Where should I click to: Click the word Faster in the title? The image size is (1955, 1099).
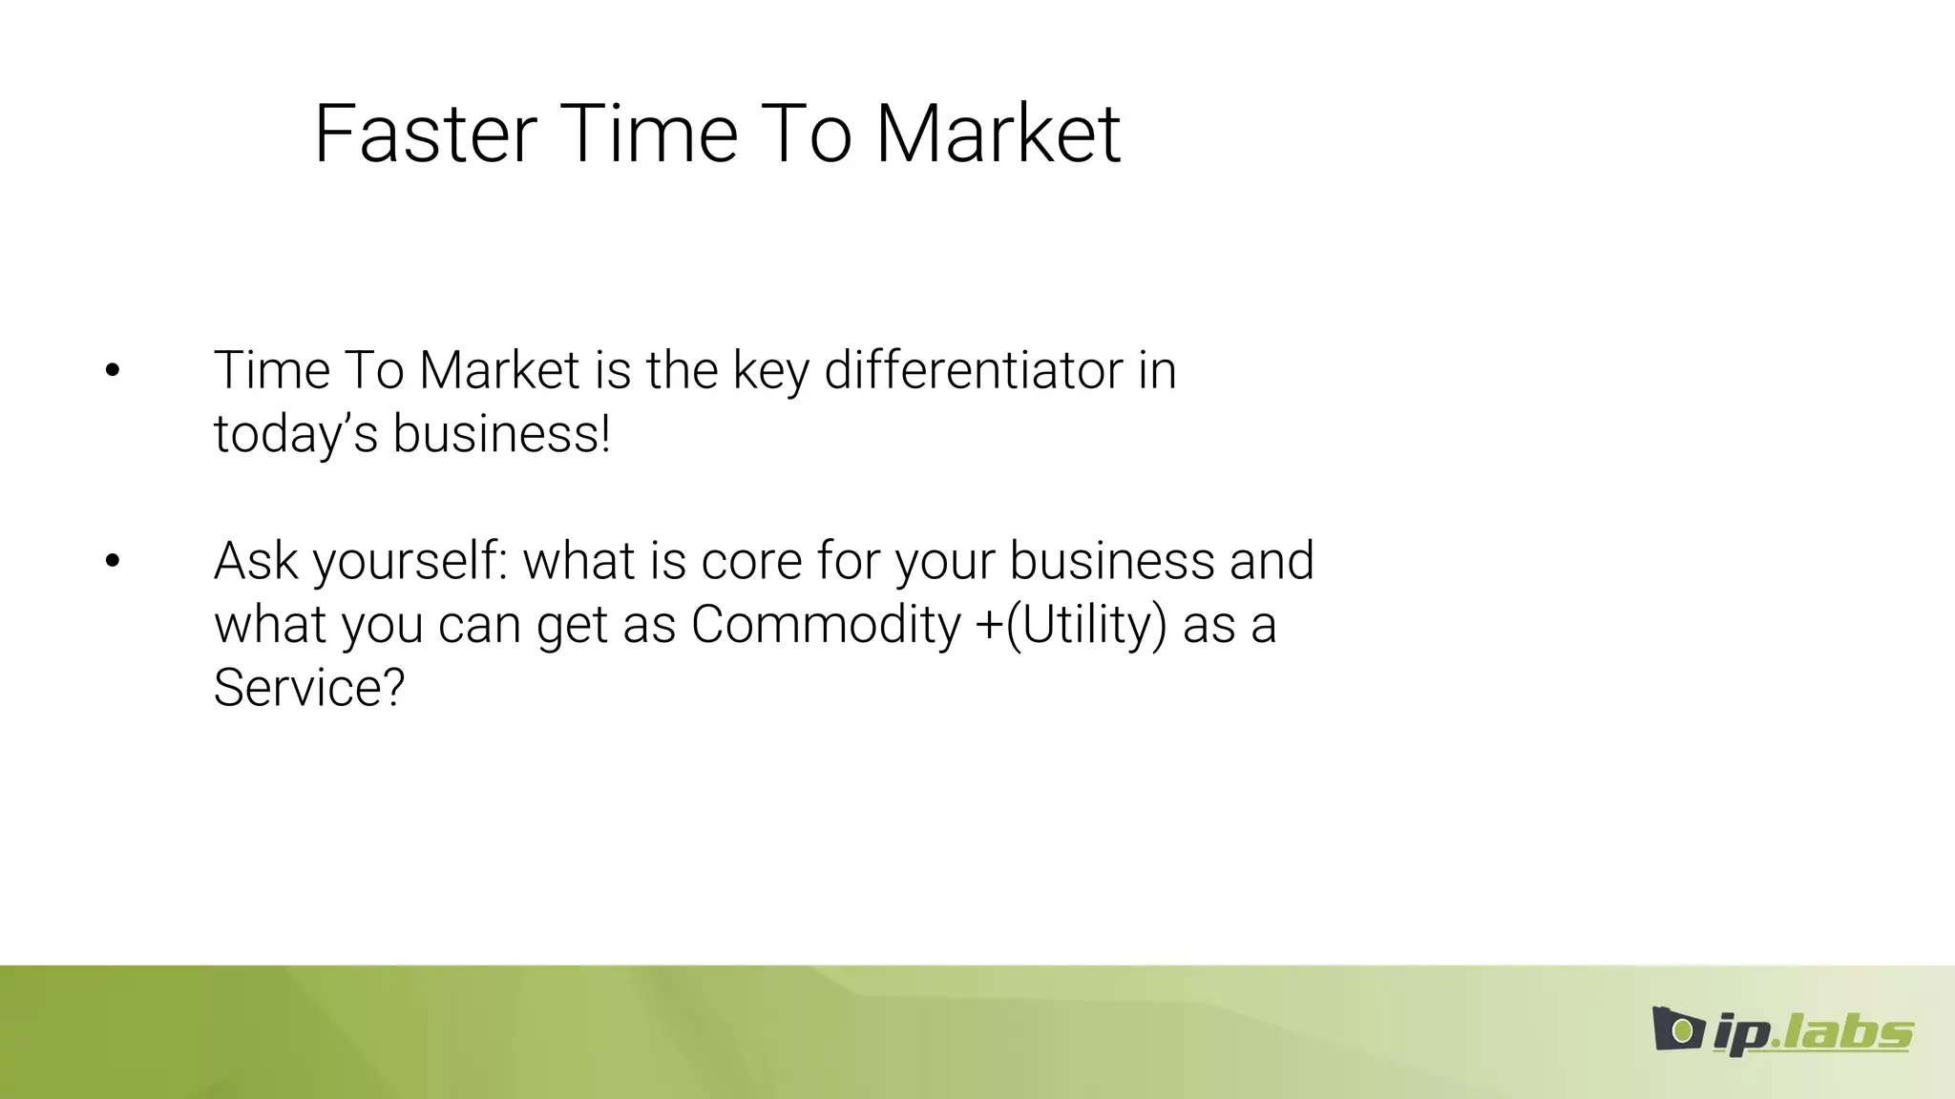pos(425,135)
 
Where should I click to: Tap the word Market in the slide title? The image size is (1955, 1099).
pos(998,135)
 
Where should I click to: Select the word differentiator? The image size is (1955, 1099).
pos(973,370)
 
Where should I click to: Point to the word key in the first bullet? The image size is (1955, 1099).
pos(770,372)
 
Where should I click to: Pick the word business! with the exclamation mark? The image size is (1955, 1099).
pos(501,434)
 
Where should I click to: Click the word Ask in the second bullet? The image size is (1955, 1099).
pos(255,561)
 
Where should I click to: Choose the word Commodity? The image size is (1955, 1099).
pos(826,626)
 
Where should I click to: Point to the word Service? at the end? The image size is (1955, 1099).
pos(309,688)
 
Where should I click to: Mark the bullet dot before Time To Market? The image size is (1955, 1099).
pos(113,370)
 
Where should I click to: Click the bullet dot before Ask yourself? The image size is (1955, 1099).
pos(113,561)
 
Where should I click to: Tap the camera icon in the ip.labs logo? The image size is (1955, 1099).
pos(1677,1029)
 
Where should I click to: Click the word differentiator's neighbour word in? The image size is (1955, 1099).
pos(1157,370)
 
